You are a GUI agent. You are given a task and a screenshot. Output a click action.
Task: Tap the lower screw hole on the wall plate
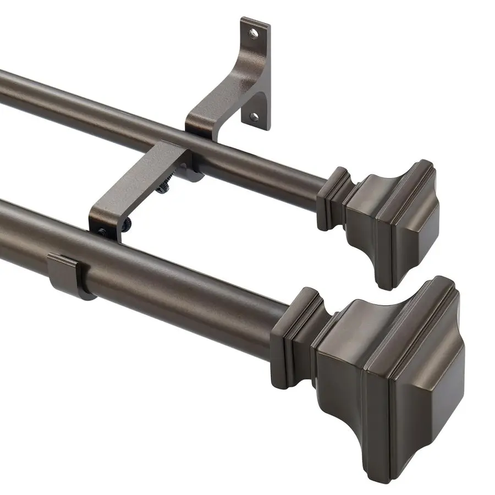(254, 117)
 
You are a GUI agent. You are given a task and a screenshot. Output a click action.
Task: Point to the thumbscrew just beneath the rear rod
(163, 188)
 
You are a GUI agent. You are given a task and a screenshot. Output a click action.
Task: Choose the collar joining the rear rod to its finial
(333, 198)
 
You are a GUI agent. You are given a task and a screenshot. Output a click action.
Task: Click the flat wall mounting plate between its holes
(255, 74)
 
